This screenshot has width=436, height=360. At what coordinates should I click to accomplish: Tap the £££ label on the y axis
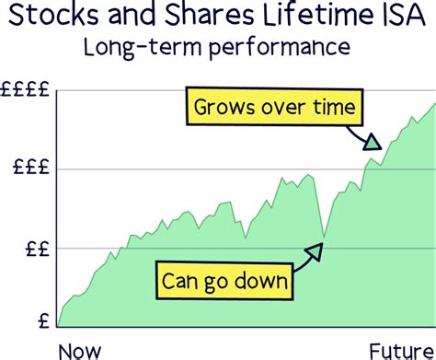click(x=32, y=169)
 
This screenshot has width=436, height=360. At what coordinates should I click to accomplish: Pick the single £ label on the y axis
click(x=43, y=322)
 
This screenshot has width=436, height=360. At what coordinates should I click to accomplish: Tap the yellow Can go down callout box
click(x=224, y=279)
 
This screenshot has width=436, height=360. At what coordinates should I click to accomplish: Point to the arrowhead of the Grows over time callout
click(x=372, y=142)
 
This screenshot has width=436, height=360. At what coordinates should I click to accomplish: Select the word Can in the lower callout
click(x=180, y=279)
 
